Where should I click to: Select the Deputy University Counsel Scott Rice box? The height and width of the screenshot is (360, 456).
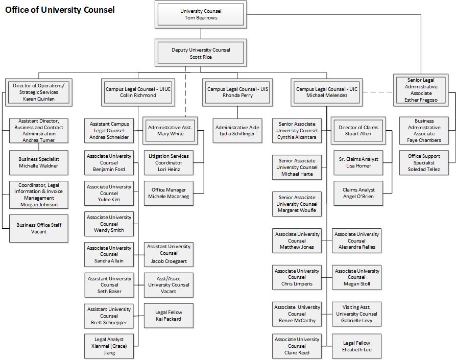(x=201, y=53)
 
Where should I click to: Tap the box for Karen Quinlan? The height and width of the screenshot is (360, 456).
(x=39, y=92)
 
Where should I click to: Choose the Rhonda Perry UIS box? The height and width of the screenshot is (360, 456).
(x=237, y=92)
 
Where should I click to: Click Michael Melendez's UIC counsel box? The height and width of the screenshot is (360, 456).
(x=327, y=92)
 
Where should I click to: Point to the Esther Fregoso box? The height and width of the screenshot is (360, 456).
(x=421, y=90)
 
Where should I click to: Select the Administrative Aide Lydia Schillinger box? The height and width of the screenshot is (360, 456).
(x=237, y=130)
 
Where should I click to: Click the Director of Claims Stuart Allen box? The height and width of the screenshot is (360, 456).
(x=358, y=130)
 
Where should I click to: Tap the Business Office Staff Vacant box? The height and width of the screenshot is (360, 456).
(x=39, y=228)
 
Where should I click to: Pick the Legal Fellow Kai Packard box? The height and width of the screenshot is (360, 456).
(x=169, y=316)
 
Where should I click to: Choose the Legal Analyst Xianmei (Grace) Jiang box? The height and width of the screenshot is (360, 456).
(x=109, y=346)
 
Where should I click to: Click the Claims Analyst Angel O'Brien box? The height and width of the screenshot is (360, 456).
(x=358, y=193)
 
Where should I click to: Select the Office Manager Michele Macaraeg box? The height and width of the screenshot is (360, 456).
(x=169, y=193)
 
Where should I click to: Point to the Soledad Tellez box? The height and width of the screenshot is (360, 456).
(x=424, y=162)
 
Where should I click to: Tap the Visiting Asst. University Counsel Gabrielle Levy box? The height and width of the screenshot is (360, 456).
(x=357, y=314)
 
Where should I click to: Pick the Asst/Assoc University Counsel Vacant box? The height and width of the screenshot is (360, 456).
(x=169, y=285)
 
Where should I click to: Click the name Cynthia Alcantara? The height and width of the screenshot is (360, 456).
(x=297, y=137)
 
